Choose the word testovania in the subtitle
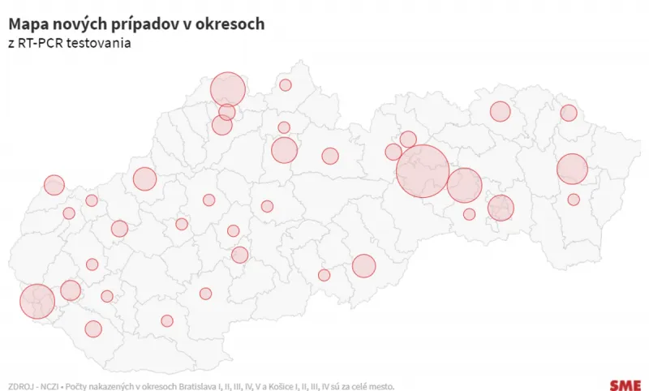click(x=101, y=43)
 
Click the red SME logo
click(x=625, y=385)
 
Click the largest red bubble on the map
click(x=423, y=171)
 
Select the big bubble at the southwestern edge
click(x=37, y=302)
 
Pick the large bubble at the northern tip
click(x=228, y=89)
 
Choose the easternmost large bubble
click(x=572, y=170)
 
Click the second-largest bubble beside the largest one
click(x=465, y=185)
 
